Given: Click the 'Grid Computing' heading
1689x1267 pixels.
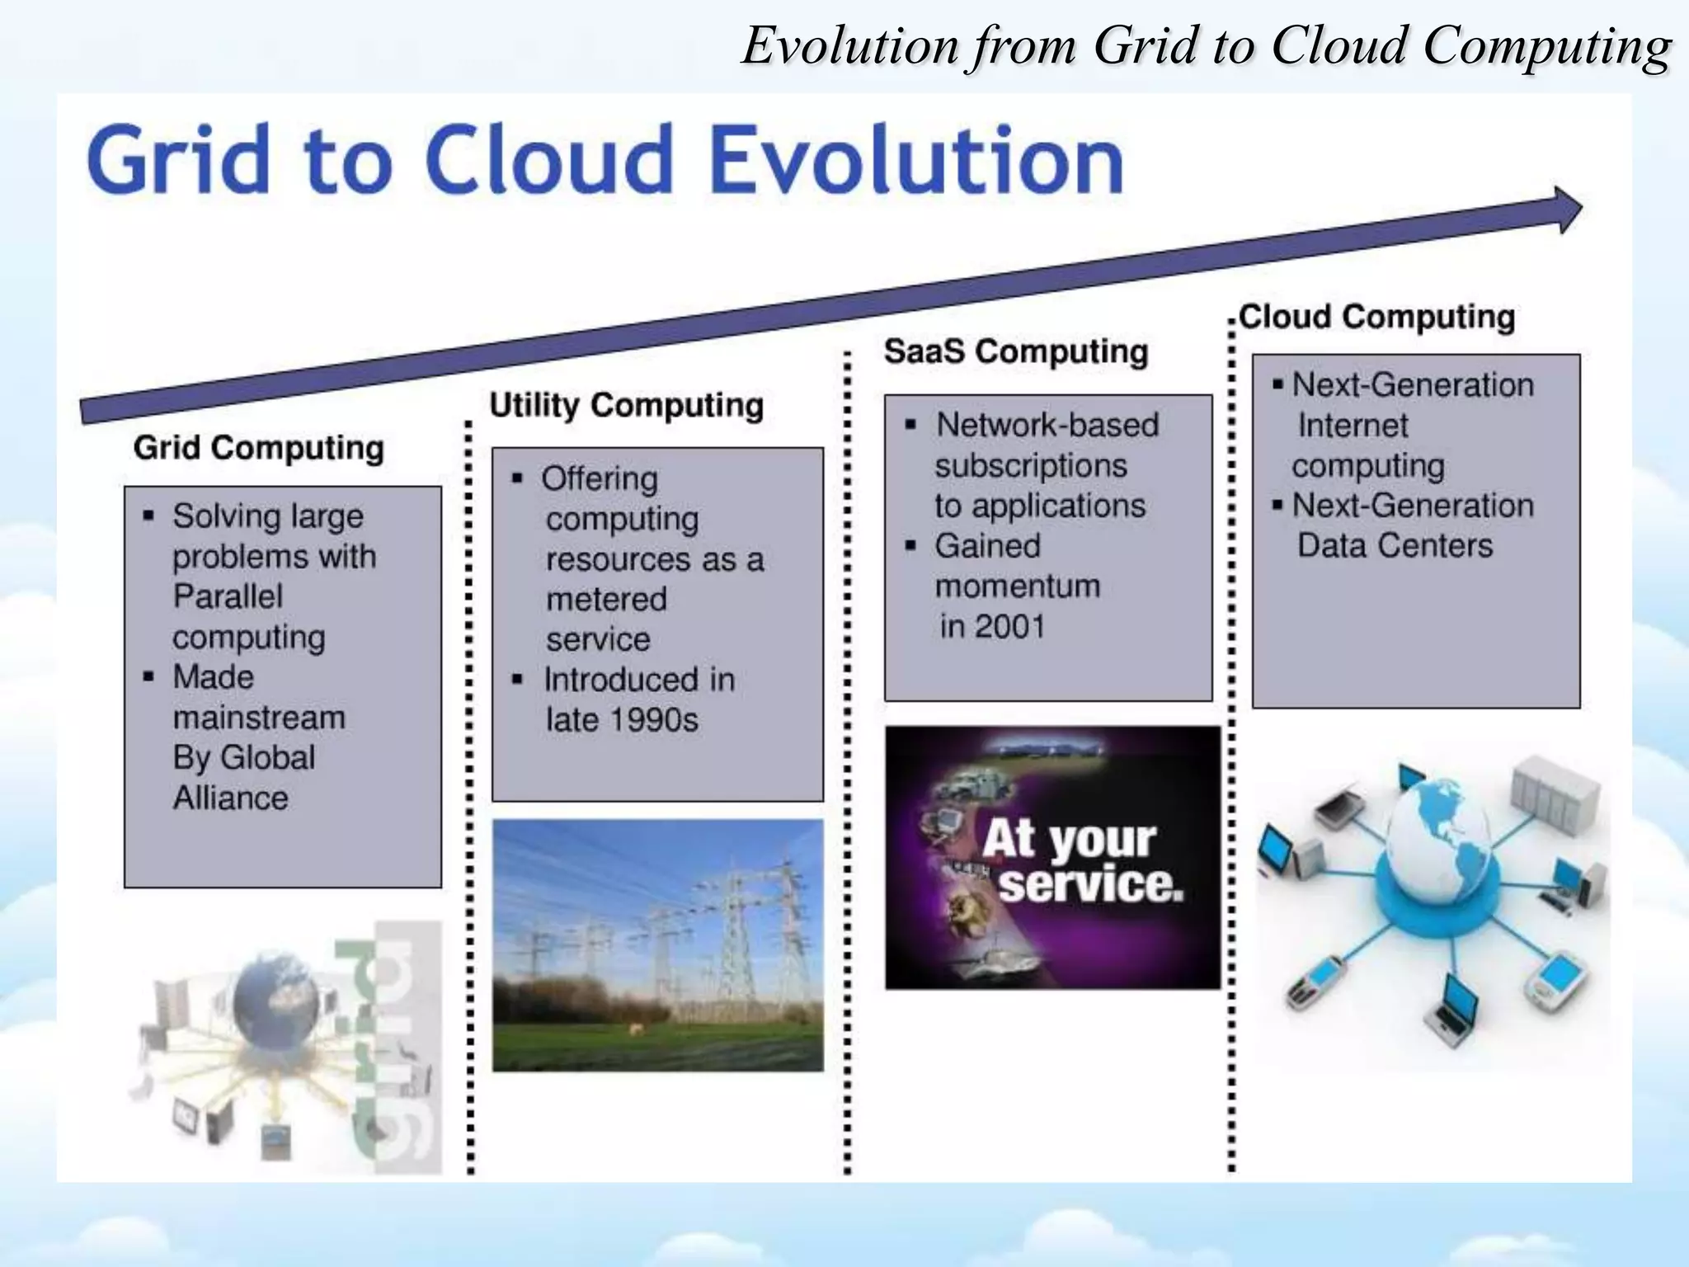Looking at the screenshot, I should coord(258,448).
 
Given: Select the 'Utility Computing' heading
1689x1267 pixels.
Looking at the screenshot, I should coord(626,405).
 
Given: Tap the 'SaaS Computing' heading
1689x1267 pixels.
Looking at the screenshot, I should coord(1015,351).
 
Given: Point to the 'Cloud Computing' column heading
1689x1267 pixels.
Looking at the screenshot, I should coord(1376,317).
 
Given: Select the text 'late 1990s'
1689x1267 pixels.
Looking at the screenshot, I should coord(622,720).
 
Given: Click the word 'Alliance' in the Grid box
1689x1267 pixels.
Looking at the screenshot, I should coord(231,798).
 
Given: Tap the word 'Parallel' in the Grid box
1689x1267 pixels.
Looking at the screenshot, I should coord(228,596).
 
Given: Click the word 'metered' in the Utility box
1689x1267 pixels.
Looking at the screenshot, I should coord(606,599).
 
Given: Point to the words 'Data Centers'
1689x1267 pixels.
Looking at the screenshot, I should coord(1395,545).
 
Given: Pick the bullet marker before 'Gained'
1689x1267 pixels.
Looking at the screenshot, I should coord(910,545).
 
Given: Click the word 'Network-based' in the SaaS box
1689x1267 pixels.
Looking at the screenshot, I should coord(1047,425).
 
